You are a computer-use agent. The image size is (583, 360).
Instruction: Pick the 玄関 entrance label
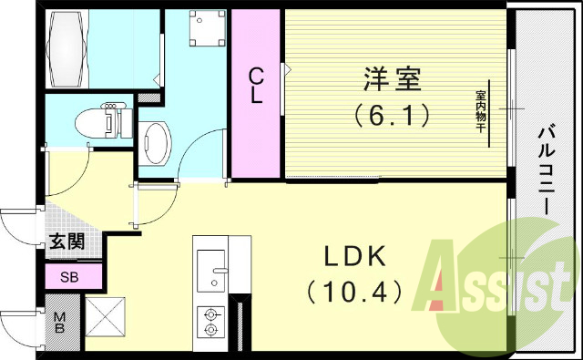click(x=66, y=242)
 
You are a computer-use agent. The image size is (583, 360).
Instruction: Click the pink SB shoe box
click(x=69, y=277)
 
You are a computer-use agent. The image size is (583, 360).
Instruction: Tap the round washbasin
click(x=157, y=142)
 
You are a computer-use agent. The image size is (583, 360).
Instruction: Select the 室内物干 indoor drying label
click(x=480, y=112)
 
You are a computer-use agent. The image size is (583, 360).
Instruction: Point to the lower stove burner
click(x=211, y=331)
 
